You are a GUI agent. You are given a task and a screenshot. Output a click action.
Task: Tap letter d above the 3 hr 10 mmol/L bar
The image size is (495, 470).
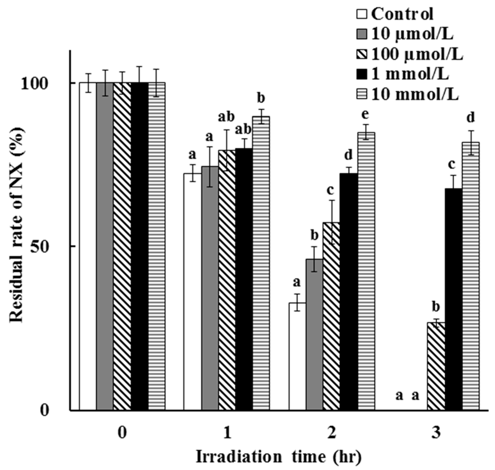pos(471,118)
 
